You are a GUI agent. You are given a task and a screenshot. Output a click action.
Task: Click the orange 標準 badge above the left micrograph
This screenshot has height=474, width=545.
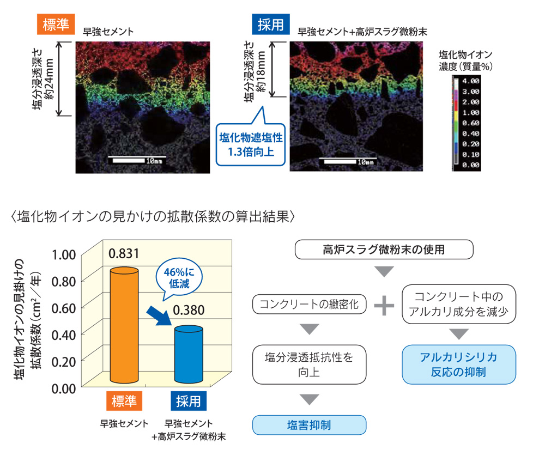56,25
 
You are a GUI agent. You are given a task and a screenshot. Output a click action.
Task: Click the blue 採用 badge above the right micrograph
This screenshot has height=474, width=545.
270,25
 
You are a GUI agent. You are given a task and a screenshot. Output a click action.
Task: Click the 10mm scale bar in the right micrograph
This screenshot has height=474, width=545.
349,162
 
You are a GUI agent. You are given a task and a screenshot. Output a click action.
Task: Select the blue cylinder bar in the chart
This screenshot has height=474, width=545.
189,354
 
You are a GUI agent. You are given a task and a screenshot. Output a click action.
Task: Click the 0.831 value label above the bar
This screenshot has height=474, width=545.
124,254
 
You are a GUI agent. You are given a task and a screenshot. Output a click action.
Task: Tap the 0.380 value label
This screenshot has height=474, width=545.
189,311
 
